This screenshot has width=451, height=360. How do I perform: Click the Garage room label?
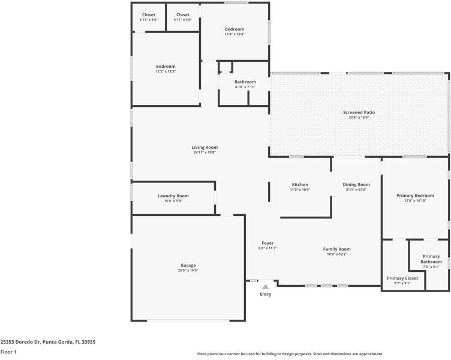point(188,265)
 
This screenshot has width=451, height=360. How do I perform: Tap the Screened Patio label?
point(359,112)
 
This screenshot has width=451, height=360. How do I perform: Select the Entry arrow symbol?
point(265,287)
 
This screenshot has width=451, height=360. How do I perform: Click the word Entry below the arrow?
point(265,294)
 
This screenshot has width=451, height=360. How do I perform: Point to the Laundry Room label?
point(173,196)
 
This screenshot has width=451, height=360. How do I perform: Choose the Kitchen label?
point(300,184)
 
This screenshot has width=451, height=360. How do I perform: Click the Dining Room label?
point(356,184)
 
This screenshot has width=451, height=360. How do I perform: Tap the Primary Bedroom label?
point(415,196)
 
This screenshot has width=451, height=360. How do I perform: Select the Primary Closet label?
point(402,278)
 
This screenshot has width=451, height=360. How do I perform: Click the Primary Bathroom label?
point(431,259)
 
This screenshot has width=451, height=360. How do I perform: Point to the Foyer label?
point(267,243)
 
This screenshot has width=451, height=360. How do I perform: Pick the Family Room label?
point(336,249)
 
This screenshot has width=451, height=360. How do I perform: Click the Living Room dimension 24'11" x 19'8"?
point(205,152)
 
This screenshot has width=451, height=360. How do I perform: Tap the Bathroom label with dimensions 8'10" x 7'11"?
point(245,82)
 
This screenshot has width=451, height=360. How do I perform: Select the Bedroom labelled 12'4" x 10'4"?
point(234,29)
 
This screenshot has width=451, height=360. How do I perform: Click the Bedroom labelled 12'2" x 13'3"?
point(166,66)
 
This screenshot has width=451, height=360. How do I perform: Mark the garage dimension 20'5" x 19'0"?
point(188,271)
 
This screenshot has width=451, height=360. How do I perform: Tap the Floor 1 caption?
point(8,352)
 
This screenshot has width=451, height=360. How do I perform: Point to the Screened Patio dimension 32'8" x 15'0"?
point(359,118)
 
